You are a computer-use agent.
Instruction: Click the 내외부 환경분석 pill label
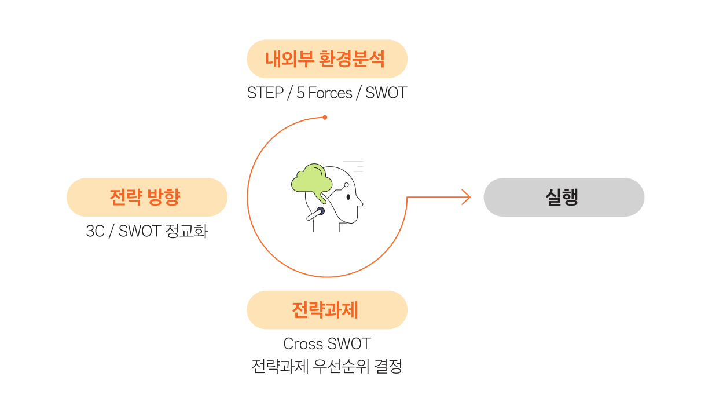coord(327,59)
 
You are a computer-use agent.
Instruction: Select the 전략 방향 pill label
coord(147,198)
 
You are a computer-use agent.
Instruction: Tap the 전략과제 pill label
coord(327,310)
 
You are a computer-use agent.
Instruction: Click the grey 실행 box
coord(564,198)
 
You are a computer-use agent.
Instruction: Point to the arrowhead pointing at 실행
coord(467,198)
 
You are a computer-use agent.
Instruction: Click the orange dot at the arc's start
coord(325,118)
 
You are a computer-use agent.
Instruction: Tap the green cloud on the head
coord(311,178)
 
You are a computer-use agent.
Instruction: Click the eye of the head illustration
coord(348,196)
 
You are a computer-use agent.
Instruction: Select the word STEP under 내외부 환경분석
coord(265,93)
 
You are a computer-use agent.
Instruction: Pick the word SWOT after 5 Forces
coord(386,93)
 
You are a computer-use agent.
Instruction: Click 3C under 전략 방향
coord(96,231)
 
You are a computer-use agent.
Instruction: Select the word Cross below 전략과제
coord(303,343)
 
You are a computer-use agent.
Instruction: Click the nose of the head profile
coord(361,203)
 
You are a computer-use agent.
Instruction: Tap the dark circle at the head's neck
coord(320,211)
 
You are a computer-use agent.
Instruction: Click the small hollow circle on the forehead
coord(346,185)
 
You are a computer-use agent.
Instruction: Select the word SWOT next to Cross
coord(349,343)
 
